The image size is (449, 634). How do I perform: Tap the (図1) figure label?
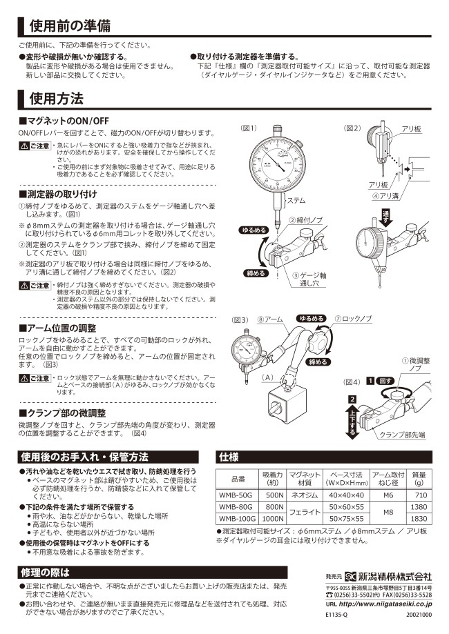click(249, 128)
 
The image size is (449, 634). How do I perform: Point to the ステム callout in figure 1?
click(296, 201)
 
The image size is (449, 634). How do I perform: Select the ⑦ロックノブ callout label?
click(353, 319)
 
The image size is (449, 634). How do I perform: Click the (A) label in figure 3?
click(268, 377)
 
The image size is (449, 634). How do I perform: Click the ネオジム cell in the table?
click(304, 495)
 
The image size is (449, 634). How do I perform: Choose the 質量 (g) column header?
click(419, 479)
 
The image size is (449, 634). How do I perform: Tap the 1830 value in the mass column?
click(419, 518)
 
